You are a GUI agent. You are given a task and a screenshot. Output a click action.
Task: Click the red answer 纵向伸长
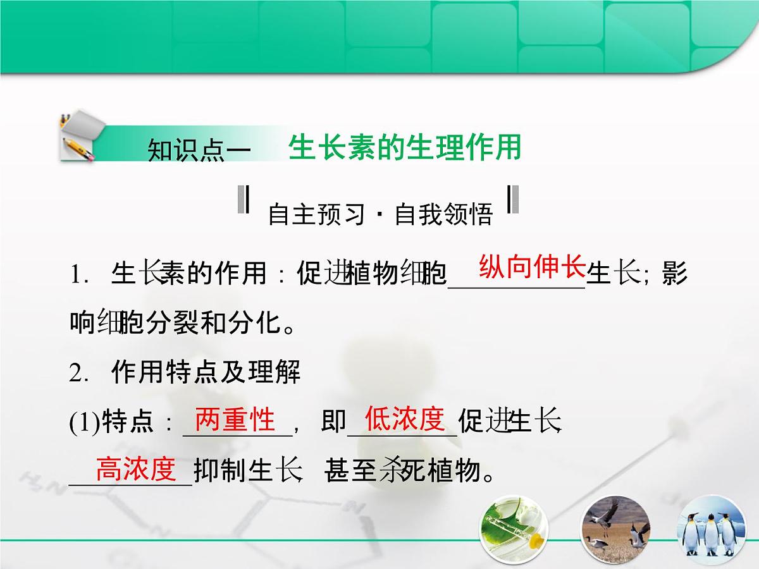pos(532,267)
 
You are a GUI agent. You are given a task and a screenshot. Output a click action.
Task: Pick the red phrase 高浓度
pos(135,469)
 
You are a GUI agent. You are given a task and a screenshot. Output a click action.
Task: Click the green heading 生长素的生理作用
pos(405,148)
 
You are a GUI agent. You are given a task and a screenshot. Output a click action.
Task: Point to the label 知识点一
pos(199,152)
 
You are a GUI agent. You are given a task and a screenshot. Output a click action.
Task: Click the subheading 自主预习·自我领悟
pos(379,215)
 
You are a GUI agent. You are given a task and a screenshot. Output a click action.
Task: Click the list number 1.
pos(78,276)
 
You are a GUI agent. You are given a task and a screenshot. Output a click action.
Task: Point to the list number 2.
pos(78,374)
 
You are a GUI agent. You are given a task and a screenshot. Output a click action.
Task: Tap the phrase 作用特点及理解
pos(206,373)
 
